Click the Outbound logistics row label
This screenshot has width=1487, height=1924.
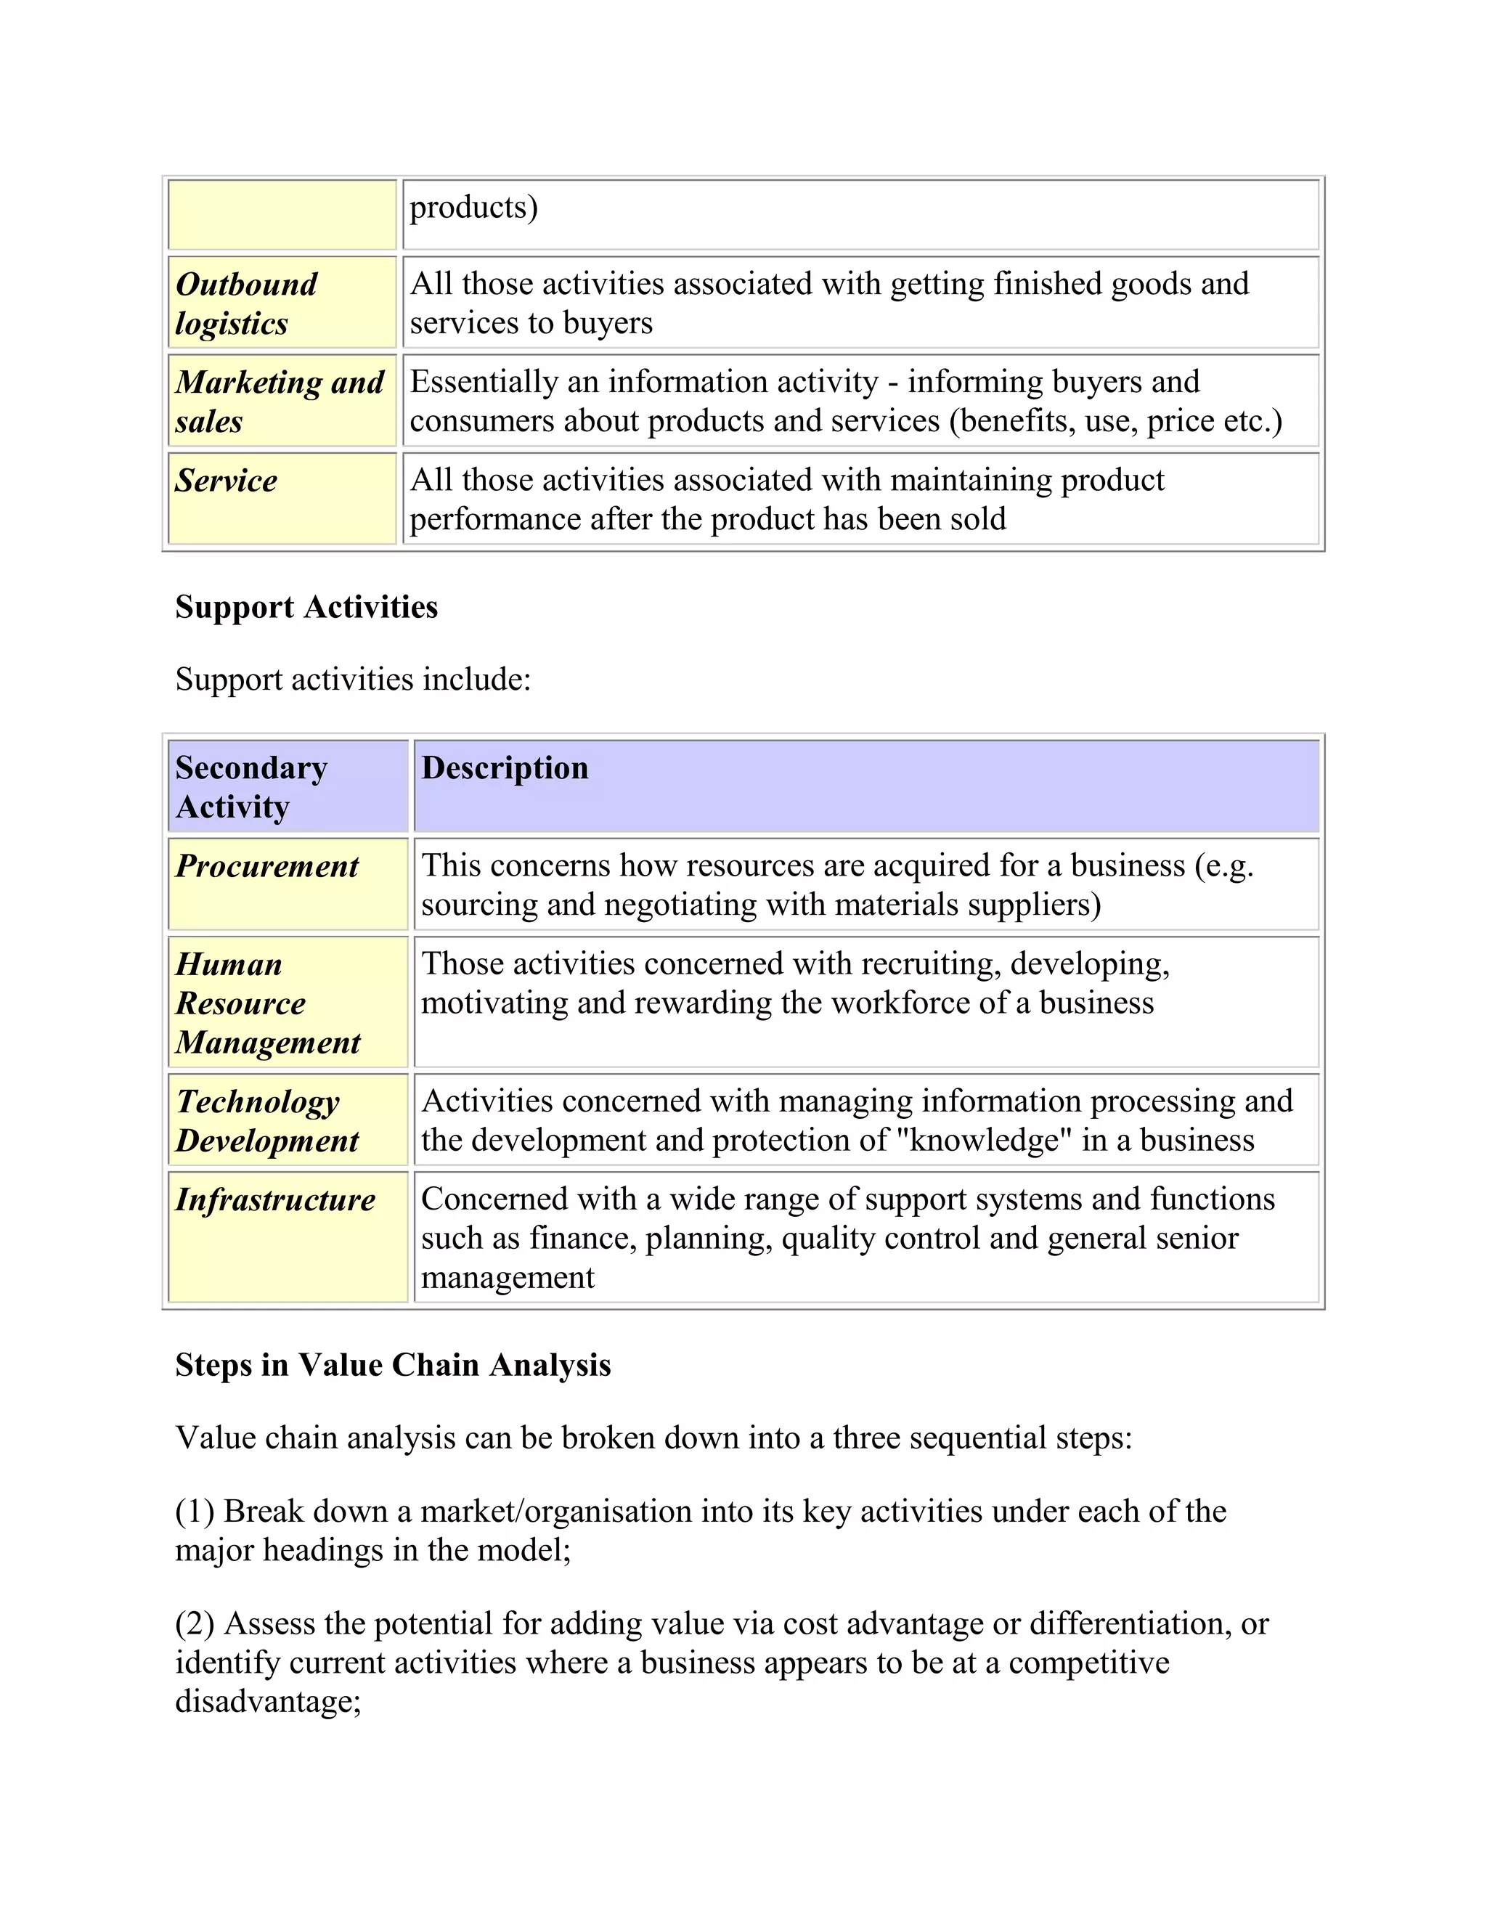247,303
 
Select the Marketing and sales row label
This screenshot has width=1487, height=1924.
280,401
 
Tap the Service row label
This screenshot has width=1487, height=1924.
226,480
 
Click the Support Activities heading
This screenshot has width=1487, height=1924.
306,607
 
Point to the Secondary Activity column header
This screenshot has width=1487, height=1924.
251,787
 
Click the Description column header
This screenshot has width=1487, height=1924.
505,767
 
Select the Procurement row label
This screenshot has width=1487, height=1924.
267,866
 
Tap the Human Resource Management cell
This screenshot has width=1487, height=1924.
267,1003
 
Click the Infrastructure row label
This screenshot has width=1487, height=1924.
275,1200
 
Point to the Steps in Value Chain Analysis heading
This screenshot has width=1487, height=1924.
393,1365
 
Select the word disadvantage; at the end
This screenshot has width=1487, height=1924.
268,1700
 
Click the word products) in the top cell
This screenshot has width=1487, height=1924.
474,207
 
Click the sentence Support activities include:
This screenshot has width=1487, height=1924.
352,680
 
